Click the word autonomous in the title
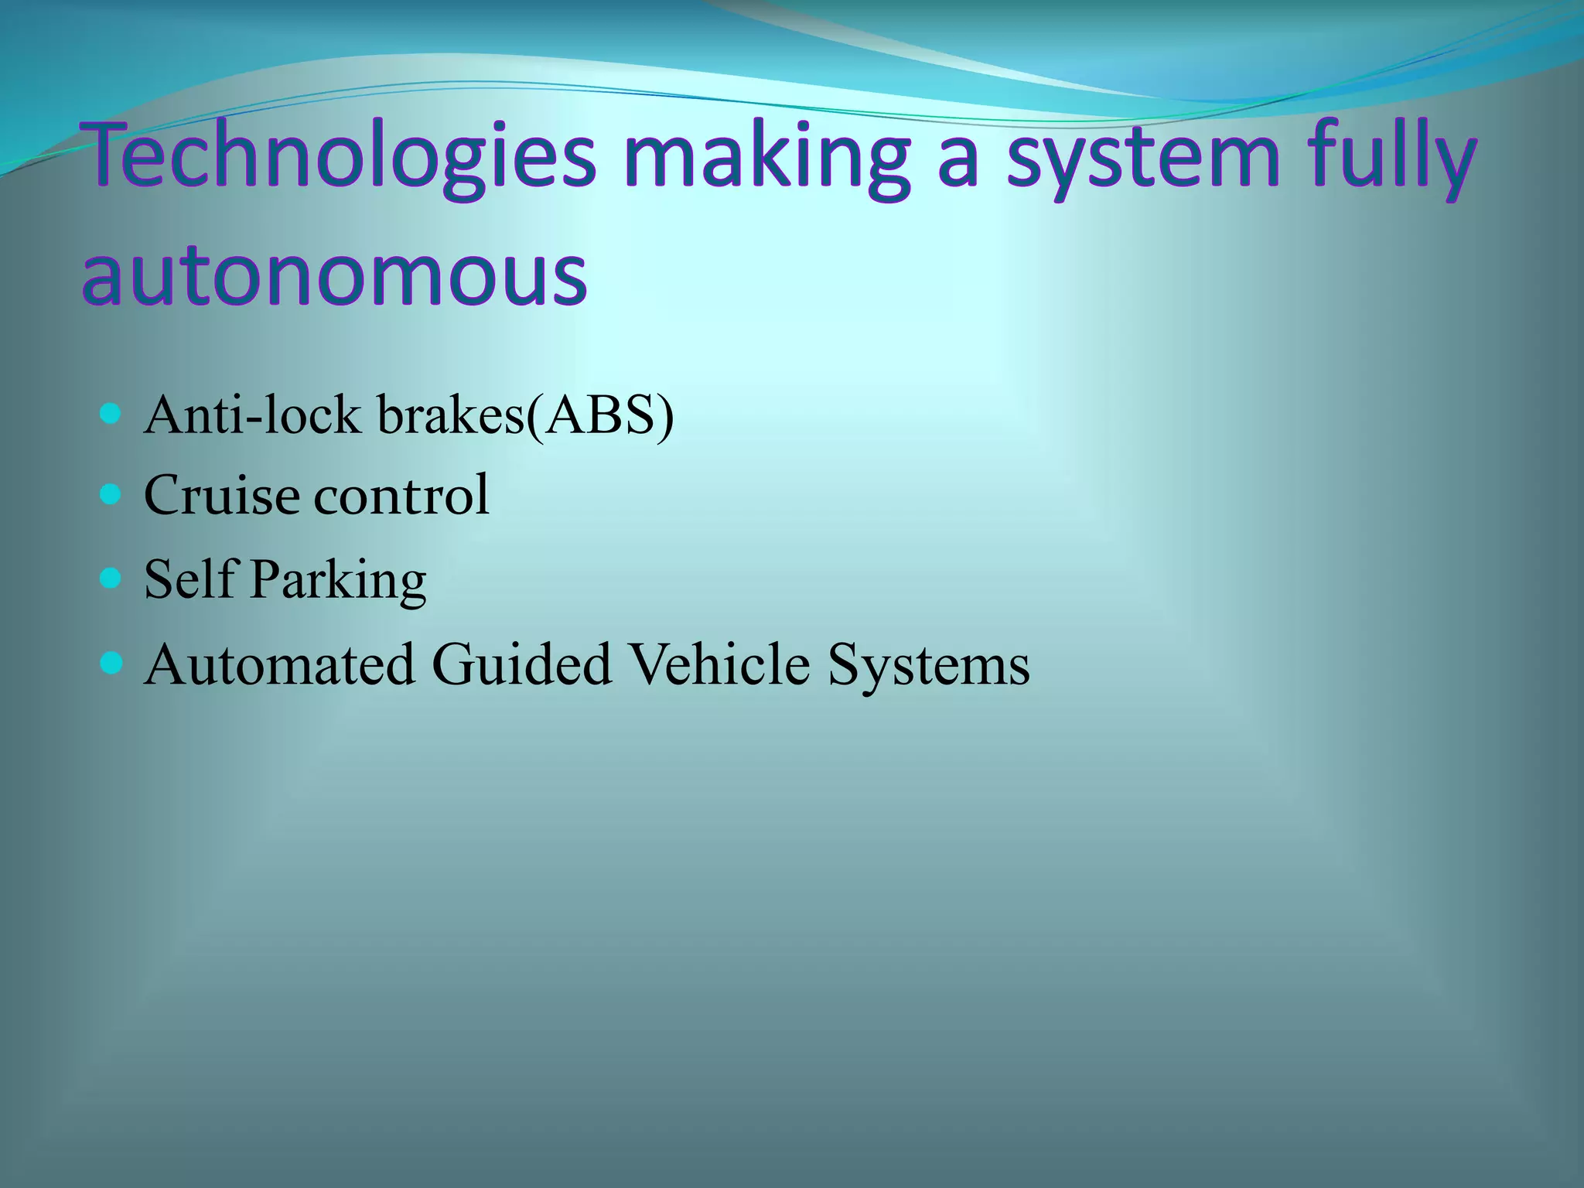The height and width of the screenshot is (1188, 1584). pyautogui.click(x=334, y=275)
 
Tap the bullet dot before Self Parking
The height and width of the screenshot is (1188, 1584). pyautogui.click(x=111, y=578)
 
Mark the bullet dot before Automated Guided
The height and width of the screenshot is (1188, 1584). pyautogui.click(x=111, y=663)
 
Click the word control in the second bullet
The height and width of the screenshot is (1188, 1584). pyautogui.click(x=401, y=495)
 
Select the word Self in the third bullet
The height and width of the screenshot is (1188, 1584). pyautogui.click(x=189, y=579)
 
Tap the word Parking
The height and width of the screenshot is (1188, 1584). pyautogui.click(x=338, y=580)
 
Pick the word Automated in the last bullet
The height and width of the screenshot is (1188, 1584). pyautogui.click(x=279, y=664)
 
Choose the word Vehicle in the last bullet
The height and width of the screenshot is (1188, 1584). pyautogui.click(x=719, y=664)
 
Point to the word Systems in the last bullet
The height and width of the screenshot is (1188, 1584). pyautogui.click(x=928, y=666)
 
